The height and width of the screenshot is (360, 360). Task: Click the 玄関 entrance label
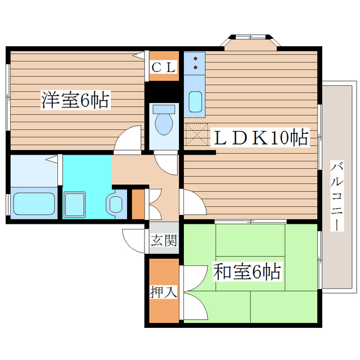pyautogui.click(x=164, y=240)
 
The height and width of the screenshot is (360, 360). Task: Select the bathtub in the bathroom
pyautogui.click(x=33, y=203)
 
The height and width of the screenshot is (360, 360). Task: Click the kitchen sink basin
pyautogui.click(x=195, y=102)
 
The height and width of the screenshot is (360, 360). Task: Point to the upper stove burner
pyautogui.click(x=195, y=58)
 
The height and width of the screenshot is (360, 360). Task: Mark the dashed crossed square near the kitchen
pyautogui.click(x=195, y=135)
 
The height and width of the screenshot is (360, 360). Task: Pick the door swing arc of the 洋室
pyautogui.click(x=128, y=138)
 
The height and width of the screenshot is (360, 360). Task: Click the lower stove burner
pyautogui.click(x=195, y=68)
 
